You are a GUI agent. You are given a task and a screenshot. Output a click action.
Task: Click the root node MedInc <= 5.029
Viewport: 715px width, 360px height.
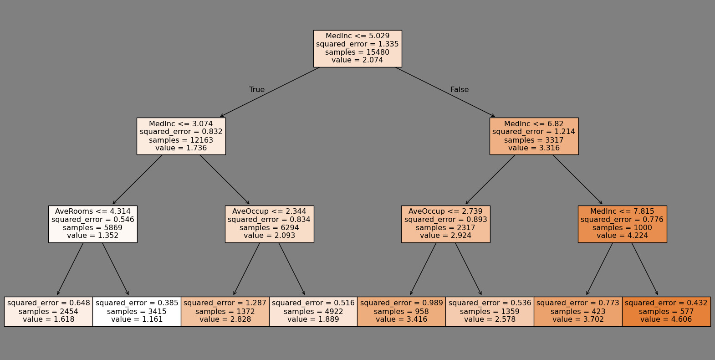pos(357,48)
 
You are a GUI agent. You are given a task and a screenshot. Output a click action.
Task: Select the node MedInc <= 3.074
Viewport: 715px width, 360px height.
pos(181,136)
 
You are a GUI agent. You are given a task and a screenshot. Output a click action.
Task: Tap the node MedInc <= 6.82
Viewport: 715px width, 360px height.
pos(534,136)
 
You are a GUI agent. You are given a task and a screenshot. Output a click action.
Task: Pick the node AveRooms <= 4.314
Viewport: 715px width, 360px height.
pos(93,224)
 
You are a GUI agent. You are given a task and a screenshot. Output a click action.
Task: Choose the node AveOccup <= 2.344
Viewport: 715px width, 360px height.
pos(269,224)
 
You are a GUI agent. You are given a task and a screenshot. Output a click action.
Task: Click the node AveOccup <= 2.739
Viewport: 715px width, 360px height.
pos(445,224)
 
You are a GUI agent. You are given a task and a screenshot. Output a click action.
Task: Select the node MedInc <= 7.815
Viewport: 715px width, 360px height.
pos(622,224)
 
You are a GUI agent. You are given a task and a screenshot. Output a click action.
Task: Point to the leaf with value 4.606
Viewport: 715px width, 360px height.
pos(666,311)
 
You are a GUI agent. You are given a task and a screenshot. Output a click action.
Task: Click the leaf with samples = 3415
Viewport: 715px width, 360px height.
pos(137,311)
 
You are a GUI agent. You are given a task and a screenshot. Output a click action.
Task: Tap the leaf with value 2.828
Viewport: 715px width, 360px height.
pos(225,311)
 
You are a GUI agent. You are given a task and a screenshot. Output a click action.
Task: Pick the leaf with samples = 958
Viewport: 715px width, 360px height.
pos(401,311)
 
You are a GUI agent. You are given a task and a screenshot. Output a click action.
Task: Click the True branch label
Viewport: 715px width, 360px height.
pos(257,90)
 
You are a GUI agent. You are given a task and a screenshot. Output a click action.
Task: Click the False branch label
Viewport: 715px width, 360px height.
pos(460,90)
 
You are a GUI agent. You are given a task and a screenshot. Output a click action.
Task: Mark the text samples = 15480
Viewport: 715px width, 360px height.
pos(357,52)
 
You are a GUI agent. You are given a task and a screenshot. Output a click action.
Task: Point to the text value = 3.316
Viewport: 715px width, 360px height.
pos(534,148)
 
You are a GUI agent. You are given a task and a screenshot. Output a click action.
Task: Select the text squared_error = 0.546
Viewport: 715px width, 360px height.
pos(93,219)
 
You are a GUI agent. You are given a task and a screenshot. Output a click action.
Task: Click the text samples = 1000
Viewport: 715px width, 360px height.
pos(622,228)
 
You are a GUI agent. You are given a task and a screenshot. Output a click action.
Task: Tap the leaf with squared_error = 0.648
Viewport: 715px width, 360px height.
pos(49,311)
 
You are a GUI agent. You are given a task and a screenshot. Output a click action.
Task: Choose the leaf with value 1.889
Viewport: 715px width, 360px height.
pos(313,311)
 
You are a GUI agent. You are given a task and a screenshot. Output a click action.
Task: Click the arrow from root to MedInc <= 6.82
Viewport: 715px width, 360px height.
pos(444,92)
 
